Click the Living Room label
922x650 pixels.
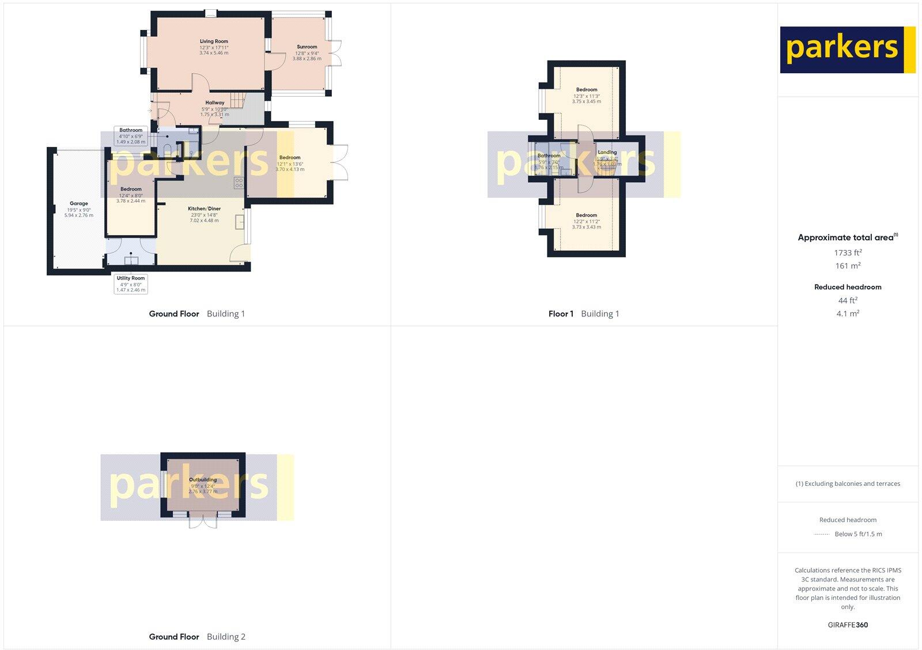click(214, 41)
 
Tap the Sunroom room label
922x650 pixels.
click(307, 47)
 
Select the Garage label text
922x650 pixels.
click(79, 203)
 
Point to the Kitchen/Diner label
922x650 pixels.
click(204, 209)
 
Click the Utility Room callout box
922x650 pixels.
click(131, 284)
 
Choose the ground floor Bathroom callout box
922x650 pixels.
click(131, 135)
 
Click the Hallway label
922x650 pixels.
click(214, 103)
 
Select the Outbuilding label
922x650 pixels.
click(203, 479)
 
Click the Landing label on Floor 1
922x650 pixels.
click(607, 153)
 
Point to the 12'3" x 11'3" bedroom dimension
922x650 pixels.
click(587, 96)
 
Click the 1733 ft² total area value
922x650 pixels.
click(848, 252)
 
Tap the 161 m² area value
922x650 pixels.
click(848, 266)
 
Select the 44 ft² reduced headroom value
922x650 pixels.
click(848, 300)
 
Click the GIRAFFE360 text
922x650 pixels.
click(848, 625)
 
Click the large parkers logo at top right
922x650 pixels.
click(847, 50)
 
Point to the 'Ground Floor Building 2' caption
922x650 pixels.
click(197, 637)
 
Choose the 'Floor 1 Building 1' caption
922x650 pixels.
click(584, 314)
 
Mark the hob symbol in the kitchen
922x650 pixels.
click(239, 183)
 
